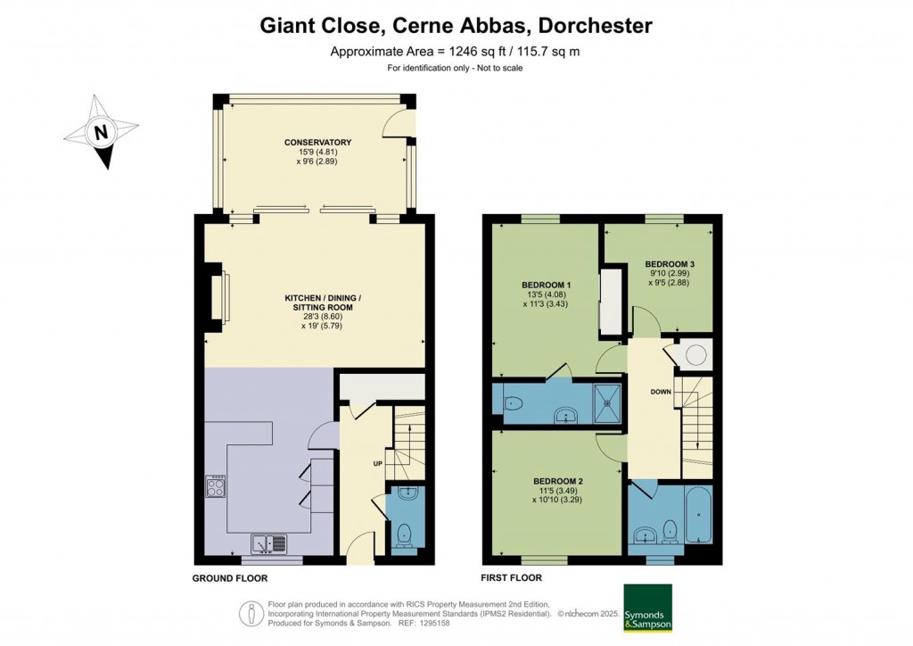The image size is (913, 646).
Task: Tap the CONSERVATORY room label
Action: pos(317,143)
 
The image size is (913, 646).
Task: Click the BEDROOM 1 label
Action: pos(546,286)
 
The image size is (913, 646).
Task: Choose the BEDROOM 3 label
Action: pos(669,264)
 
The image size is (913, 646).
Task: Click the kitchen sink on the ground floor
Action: pos(268,541)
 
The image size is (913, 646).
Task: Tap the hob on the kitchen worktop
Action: pos(216,486)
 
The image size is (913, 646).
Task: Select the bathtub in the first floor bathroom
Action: pos(697,515)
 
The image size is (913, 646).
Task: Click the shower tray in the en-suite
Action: pos(611,402)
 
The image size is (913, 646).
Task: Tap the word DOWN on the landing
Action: pos(661,391)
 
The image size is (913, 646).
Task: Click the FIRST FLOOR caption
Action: pos(511,578)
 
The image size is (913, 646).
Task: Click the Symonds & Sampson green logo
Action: pos(647,608)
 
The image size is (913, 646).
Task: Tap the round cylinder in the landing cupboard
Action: pos(695,356)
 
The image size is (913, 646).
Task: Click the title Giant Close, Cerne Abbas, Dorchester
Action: pos(456,24)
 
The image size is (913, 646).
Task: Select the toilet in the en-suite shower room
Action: pos(513,404)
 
